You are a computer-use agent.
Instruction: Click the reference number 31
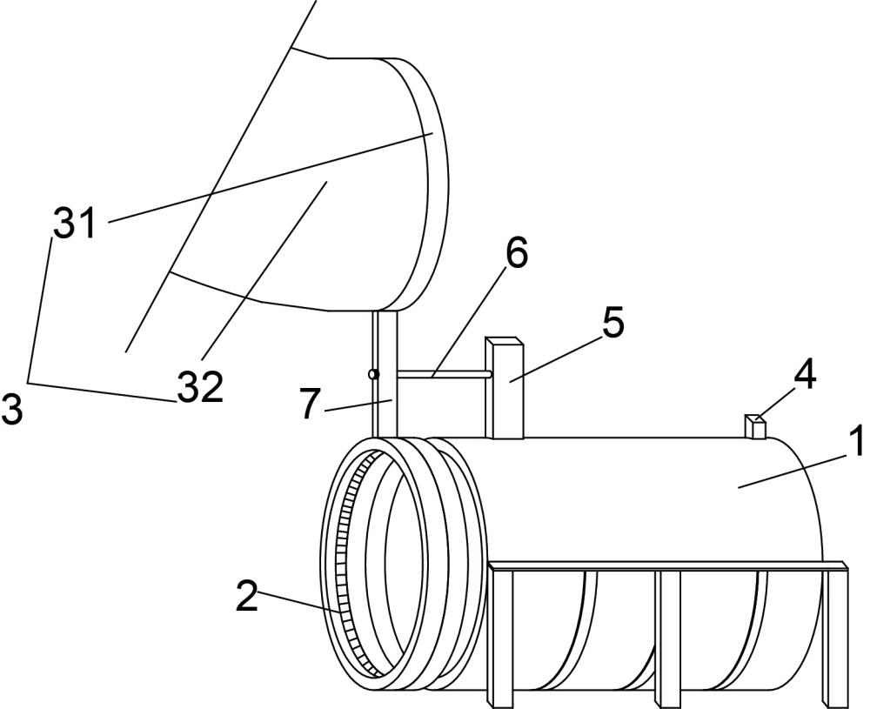pyautogui.click(x=76, y=224)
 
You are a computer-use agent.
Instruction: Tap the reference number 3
pyautogui.click(x=11, y=409)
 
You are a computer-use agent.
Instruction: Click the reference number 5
pyautogui.click(x=612, y=323)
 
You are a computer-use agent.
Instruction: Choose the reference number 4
pyautogui.click(x=805, y=375)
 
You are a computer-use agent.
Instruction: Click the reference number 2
pyautogui.click(x=247, y=598)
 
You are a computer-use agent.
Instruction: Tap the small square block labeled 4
pyautogui.click(x=754, y=427)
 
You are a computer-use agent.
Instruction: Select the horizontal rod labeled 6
pyautogui.click(x=444, y=375)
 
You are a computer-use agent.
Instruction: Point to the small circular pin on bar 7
pyautogui.click(x=374, y=375)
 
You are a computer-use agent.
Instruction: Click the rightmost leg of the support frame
pyautogui.click(x=835, y=635)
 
